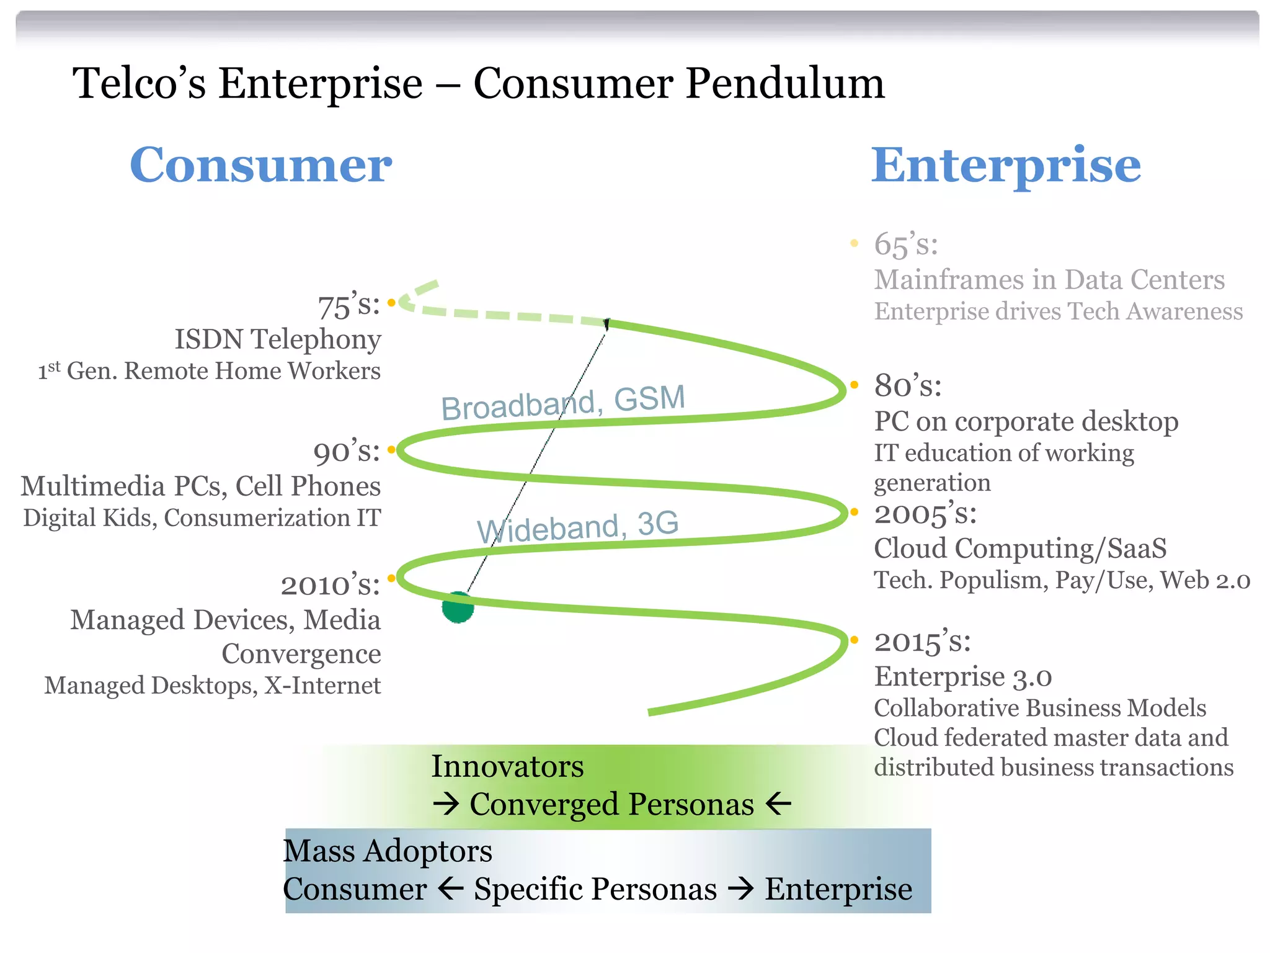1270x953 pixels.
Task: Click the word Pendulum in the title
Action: click(x=785, y=84)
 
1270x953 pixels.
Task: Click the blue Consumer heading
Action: click(x=260, y=166)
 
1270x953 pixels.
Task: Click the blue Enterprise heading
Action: click(x=1005, y=166)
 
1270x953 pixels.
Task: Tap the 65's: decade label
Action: click(x=905, y=244)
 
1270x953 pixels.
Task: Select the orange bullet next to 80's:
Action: click(x=854, y=385)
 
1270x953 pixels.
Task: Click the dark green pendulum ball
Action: click(x=458, y=607)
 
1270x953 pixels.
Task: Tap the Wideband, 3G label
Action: click(x=577, y=527)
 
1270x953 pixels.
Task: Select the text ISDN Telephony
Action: click(x=277, y=339)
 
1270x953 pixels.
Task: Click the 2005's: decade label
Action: click(x=925, y=514)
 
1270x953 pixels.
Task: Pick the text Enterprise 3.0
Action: click(x=962, y=676)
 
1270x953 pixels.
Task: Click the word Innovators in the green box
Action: click(x=507, y=766)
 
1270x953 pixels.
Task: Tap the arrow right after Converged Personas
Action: click(x=778, y=804)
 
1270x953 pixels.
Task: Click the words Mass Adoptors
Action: click(x=388, y=851)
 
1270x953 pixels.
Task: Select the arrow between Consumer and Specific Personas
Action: click(x=450, y=888)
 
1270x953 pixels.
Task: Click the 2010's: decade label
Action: click(x=330, y=585)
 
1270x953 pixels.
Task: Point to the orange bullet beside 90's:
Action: click(x=391, y=449)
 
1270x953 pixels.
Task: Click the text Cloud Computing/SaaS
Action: click(x=1020, y=548)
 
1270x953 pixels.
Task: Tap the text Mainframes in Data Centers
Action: click(x=1049, y=280)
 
